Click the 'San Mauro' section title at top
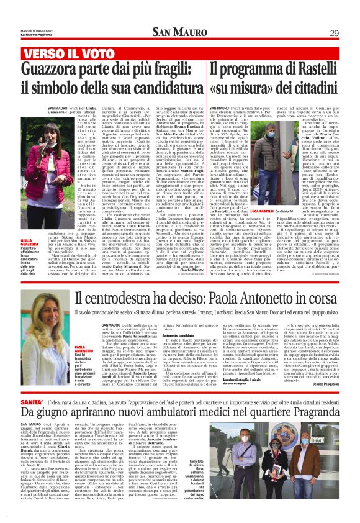point(180,32)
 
